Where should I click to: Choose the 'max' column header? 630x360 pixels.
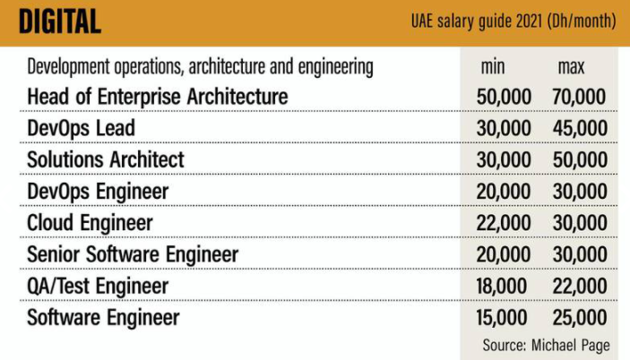(x=571, y=68)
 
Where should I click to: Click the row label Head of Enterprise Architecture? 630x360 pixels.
(x=158, y=96)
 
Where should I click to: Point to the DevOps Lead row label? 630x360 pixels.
(x=82, y=128)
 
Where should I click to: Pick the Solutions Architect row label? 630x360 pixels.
(x=106, y=159)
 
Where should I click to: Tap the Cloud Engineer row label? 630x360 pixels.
(x=91, y=222)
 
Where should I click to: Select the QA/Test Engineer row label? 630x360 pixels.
(x=98, y=286)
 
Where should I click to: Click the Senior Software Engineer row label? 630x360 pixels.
(x=134, y=254)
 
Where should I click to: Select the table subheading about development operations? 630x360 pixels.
(x=200, y=68)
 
